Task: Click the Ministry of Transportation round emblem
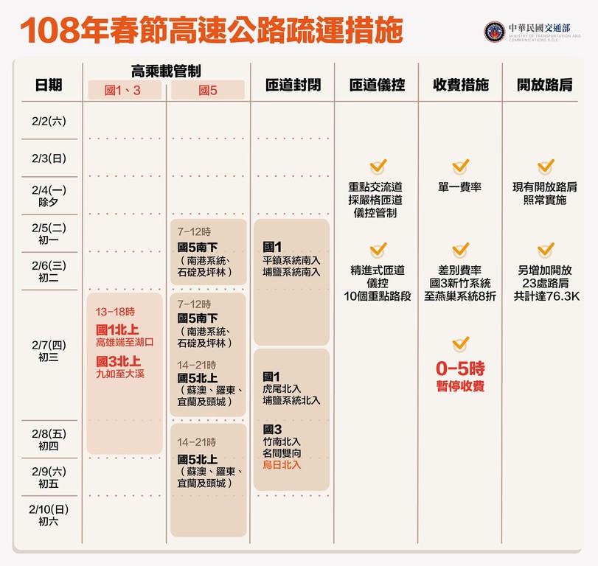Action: [495, 32]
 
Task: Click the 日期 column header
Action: [49, 85]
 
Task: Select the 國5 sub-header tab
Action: [208, 90]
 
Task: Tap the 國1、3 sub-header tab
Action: [125, 90]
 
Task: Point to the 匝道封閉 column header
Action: [293, 85]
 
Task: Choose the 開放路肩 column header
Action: [545, 85]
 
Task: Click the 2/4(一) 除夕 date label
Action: [49, 195]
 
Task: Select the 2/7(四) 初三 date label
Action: [49, 351]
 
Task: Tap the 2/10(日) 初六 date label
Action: [49, 515]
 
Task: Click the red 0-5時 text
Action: [460, 368]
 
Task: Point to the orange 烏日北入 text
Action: [282, 464]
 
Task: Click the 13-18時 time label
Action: [115, 312]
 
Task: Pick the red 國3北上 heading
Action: [118, 361]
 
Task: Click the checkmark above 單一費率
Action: [461, 167]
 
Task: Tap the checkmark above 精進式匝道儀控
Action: [378, 250]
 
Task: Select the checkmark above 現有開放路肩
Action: [546, 167]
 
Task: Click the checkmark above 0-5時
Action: [461, 344]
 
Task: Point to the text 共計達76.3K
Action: [546, 296]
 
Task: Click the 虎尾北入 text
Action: [282, 389]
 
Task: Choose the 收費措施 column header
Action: [461, 85]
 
